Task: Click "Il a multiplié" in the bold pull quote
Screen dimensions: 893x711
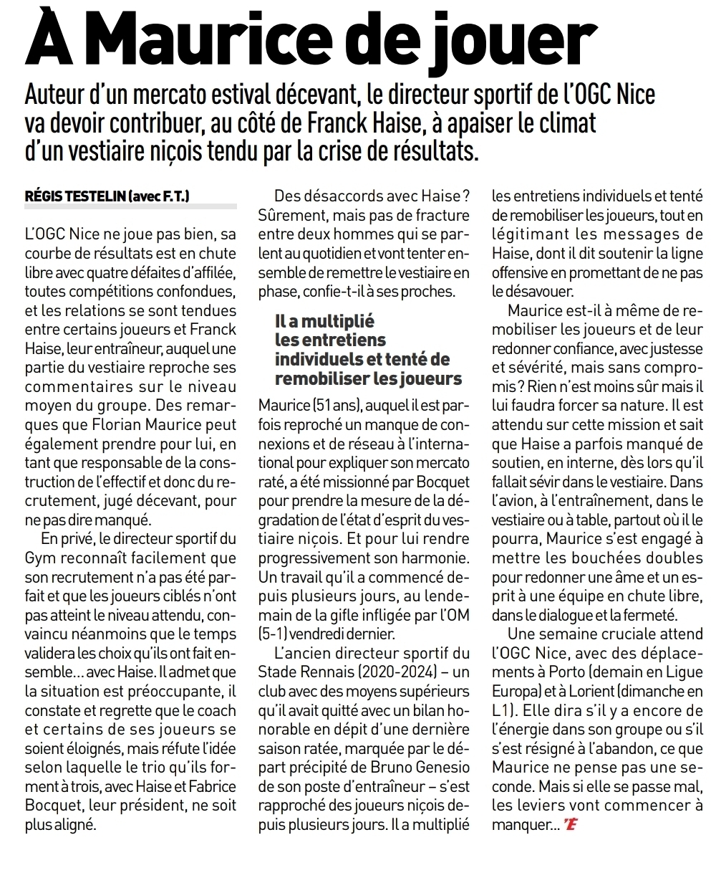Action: pyautogui.click(x=324, y=321)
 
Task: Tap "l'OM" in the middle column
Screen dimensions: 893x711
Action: pyautogui.click(x=451, y=614)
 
